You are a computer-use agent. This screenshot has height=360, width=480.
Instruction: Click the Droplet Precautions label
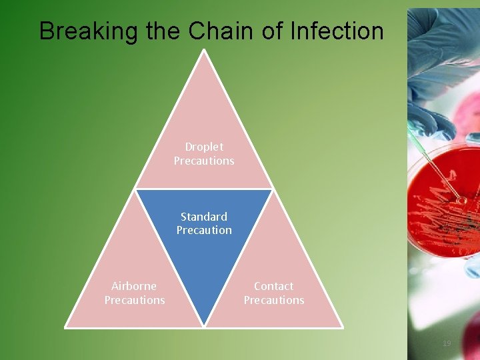pos(204,153)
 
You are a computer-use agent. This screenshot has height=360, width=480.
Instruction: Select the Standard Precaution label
pos(204,223)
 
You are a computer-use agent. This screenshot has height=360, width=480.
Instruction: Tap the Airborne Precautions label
pos(134,293)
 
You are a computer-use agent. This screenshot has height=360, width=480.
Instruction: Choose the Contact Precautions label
pos(273,293)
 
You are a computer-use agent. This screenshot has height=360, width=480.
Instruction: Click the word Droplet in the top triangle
pos(204,147)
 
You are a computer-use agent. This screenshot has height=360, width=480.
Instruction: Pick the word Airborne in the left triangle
pos(134,286)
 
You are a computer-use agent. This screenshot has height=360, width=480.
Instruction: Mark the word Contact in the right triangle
pos(273,286)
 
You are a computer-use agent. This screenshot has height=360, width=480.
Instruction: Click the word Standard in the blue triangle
pos(204,217)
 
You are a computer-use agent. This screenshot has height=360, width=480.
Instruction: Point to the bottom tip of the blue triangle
pos(204,325)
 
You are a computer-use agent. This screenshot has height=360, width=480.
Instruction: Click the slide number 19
pos(447,343)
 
